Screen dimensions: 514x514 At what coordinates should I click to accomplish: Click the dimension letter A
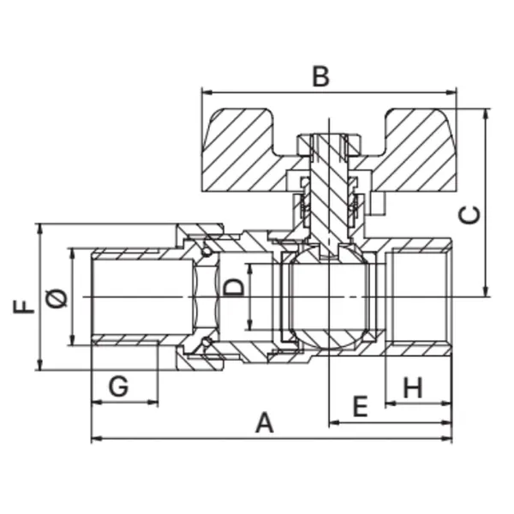(x=265, y=422)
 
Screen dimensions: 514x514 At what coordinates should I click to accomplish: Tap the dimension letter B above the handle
(x=320, y=76)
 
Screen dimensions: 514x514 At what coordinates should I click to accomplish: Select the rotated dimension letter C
(x=469, y=215)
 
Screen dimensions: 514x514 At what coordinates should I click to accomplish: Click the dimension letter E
(x=361, y=406)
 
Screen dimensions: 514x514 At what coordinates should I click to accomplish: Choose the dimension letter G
(x=118, y=386)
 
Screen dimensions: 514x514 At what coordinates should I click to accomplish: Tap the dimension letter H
(x=413, y=387)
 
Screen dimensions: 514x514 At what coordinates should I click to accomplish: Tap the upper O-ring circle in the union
(x=206, y=252)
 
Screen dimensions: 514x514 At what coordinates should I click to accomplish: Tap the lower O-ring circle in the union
(x=206, y=342)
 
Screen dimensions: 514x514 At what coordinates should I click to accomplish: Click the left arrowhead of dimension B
(x=206, y=93)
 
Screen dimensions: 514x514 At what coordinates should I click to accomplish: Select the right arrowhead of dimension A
(x=447, y=438)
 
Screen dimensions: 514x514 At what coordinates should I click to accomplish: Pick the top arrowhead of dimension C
(x=487, y=113)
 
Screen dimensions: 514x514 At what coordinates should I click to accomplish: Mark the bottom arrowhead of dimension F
(x=40, y=365)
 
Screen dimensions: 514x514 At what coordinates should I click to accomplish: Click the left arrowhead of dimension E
(x=334, y=423)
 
